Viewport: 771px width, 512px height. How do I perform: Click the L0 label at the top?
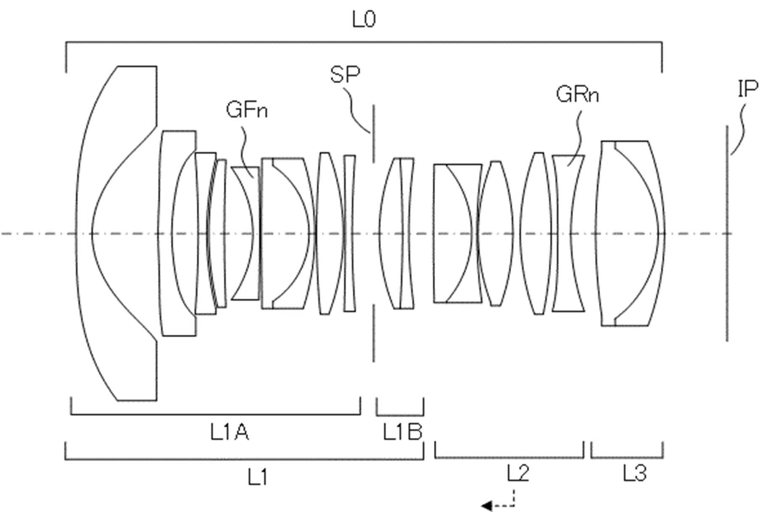pos(364,19)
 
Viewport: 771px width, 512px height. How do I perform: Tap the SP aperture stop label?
pos(345,74)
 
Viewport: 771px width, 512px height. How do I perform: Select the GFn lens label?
pos(247,109)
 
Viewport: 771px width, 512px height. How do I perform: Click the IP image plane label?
pos(748,89)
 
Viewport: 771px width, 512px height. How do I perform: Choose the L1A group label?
pos(230,432)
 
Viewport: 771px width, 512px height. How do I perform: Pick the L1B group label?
pos(402,432)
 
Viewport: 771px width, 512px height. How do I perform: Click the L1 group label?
pos(257,477)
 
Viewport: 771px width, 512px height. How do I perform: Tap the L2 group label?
pos(518,473)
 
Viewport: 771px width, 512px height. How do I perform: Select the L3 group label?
pos(634,473)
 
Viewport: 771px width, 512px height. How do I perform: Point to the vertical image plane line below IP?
pos(727,233)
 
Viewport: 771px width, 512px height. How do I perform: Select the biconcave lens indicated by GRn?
pos(568,233)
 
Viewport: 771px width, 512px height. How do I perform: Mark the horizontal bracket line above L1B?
pos(400,414)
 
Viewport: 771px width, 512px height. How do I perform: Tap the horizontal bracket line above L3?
pos(627,457)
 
